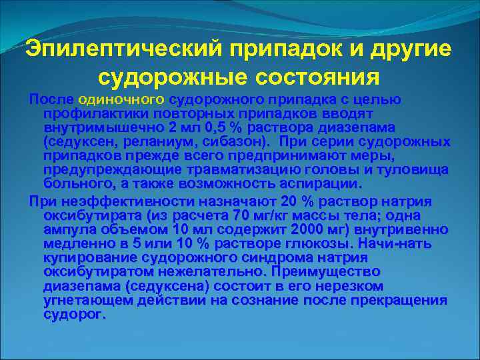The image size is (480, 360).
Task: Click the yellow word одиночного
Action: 121,99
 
